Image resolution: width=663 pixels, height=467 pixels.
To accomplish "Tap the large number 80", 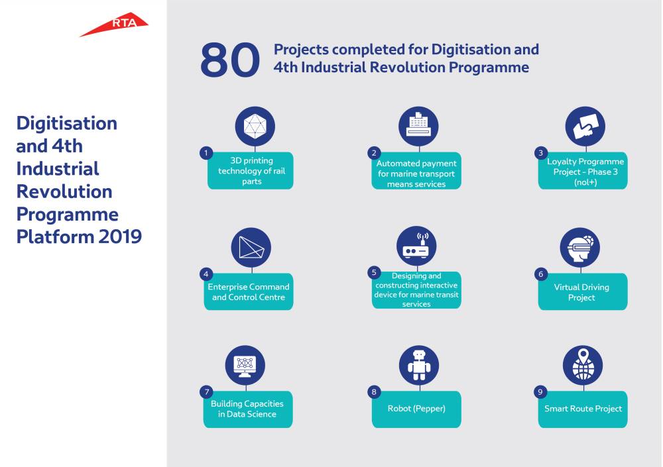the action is tap(230, 60).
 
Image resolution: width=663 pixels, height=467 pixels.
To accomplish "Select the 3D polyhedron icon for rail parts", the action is tap(255, 126).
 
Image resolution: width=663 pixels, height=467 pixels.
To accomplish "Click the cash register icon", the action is tap(418, 126).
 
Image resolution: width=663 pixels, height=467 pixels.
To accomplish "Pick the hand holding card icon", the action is tap(585, 126).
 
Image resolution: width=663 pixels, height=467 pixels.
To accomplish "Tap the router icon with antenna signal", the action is tap(416, 246).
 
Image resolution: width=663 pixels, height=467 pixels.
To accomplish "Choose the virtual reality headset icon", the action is tap(580, 247).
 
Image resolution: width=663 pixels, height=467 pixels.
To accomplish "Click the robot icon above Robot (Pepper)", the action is tap(419, 365).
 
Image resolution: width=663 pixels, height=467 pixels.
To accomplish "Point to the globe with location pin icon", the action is tap(583, 365).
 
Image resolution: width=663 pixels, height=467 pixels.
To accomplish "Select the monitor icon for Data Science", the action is tap(245, 365).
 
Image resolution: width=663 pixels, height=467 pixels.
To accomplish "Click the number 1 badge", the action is tap(206, 153).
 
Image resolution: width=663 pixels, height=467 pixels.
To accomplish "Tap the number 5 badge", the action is tap(374, 273).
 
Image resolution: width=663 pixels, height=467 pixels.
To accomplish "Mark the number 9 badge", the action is tap(540, 392).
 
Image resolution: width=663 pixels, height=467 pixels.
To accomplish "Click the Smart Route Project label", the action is tap(583, 409).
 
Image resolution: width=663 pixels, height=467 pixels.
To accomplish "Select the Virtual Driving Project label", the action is tap(582, 292).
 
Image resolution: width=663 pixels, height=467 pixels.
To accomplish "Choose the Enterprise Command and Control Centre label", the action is tap(249, 291).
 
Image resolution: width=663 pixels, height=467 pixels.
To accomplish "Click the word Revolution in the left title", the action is tap(64, 191).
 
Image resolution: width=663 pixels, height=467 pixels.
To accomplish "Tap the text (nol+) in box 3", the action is tap(585, 182).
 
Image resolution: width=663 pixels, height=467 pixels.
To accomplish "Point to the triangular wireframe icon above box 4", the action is tap(251, 247).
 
